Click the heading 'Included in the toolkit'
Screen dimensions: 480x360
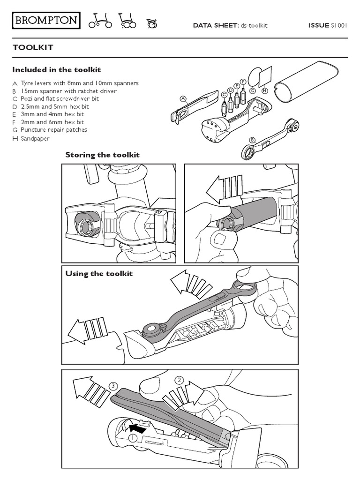[x=56, y=70]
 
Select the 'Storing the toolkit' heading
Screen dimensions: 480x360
[x=102, y=155]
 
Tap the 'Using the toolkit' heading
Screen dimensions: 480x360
[x=99, y=274]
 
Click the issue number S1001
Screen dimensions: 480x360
[x=339, y=25]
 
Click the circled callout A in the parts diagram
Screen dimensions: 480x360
[x=183, y=98]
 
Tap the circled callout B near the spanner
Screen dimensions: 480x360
[x=252, y=140]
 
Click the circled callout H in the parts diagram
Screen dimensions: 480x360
[x=265, y=90]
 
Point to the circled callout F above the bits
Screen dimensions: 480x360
[x=243, y=81]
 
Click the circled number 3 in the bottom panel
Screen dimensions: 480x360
[x=112, y=386]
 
